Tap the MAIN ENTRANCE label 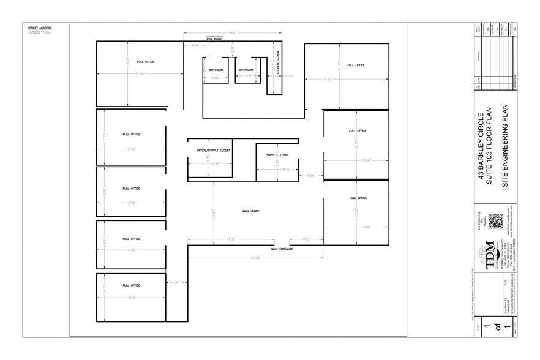tap(282, 249)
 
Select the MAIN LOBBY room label tap(251, 211)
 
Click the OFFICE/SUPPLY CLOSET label tap(213, 149)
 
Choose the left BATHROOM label tap(216, 70)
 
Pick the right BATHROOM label tap(246, 70)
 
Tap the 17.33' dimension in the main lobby tap(231, 238)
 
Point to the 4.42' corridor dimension tap(176, 282)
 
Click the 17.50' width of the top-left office tap(140, 74)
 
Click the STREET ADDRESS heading tap(40, 28)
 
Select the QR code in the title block tap(495, 221)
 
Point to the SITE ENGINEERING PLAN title tap(505, 145)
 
